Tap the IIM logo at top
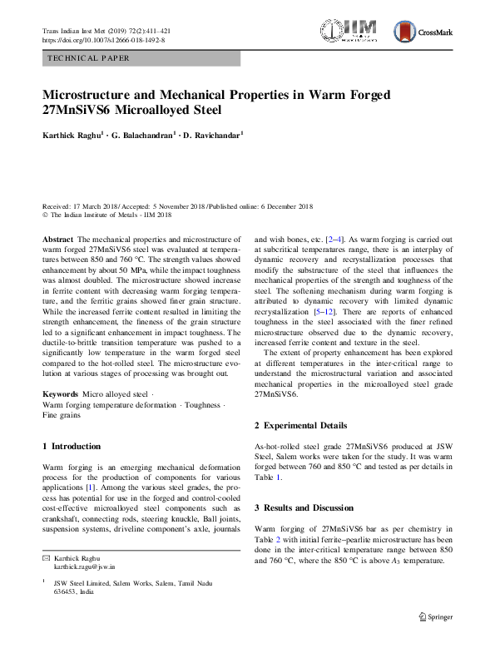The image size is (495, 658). [355, 32]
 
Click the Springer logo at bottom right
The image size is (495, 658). [437, 616]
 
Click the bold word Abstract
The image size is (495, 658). [58, 238]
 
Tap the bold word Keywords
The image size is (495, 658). [62, 393]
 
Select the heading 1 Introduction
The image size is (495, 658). [72, 446]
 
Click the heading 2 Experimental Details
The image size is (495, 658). [300, 425]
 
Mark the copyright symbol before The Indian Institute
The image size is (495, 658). [45, 214]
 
